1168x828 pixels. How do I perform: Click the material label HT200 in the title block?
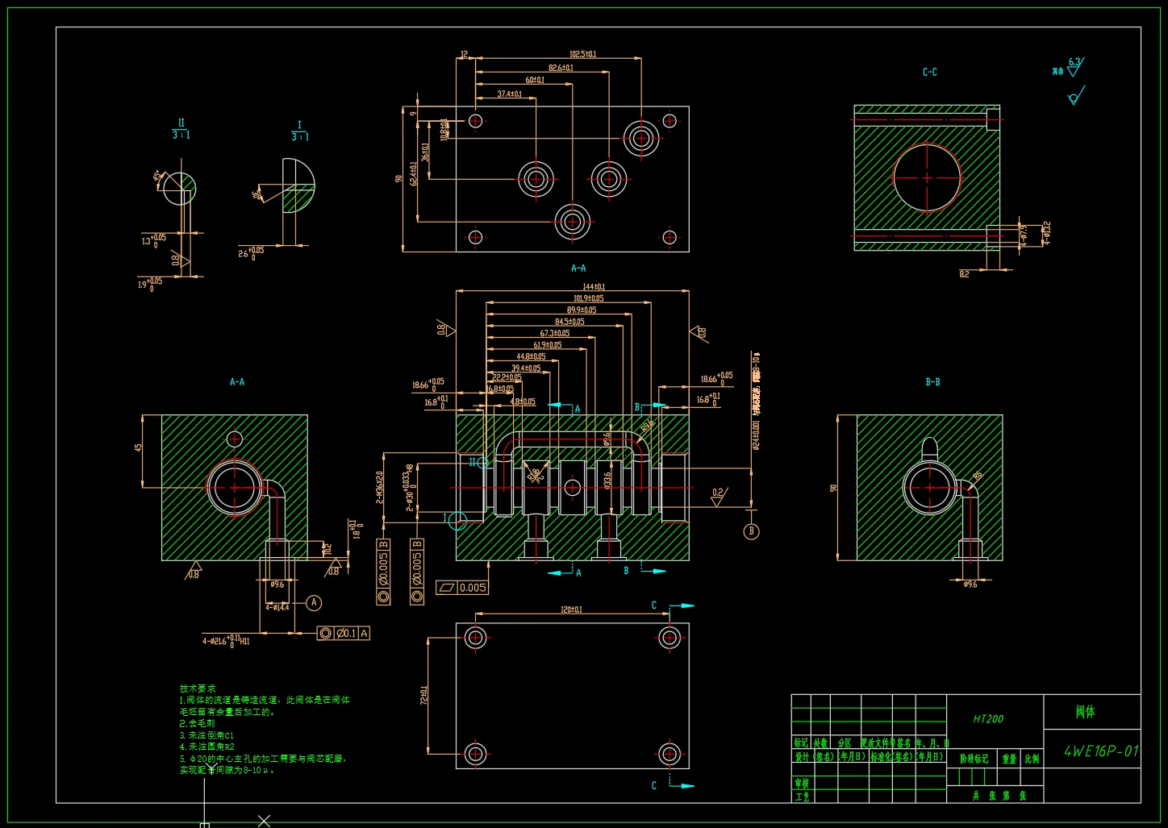tap(987, 718)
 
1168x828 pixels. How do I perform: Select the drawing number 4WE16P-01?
tap(1101, 751)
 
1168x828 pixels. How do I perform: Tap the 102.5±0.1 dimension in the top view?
tap(582, 54)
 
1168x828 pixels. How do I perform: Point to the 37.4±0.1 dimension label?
tap(509, 94)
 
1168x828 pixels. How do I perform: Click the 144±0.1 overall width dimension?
tap(594, 287)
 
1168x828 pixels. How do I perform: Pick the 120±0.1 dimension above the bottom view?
tap(571, 610)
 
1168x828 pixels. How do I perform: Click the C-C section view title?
tap(929, 73)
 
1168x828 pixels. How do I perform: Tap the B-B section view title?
tap(932, 382)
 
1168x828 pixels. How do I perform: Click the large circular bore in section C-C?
tap(927, 177)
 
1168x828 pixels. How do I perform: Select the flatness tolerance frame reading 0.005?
tap(463, 588)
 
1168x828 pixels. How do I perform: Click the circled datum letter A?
tap(315, 603)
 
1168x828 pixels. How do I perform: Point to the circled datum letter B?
tap(751, 531)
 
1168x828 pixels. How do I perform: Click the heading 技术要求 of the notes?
tap(198, 689)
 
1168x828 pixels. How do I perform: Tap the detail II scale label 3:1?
tap(181, 135)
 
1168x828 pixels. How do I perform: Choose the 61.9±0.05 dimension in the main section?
tap(547, 345)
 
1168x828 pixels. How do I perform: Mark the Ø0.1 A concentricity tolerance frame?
tap(344, 634)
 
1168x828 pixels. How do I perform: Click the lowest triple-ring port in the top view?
tap(572, 221)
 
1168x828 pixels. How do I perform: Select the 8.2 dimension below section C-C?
tap(964, 274)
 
